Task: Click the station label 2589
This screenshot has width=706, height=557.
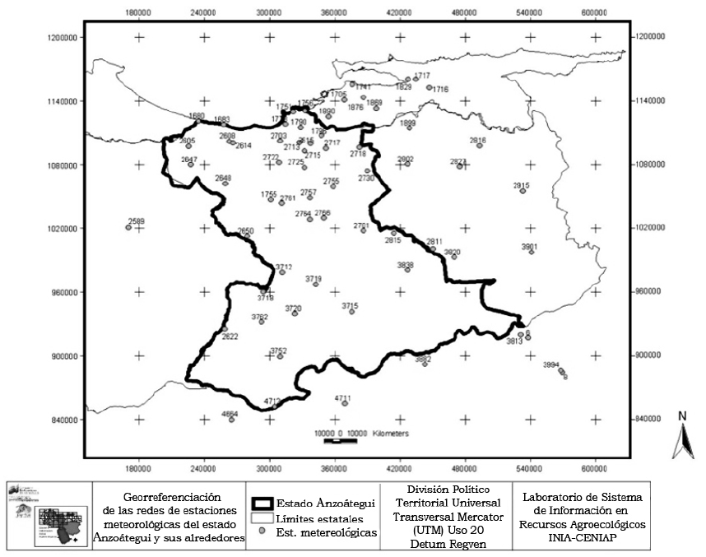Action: (x=136, y=220)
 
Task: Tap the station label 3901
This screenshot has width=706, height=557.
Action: (x=529, y=246)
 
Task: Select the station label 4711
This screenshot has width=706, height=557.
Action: (x=342, y=398)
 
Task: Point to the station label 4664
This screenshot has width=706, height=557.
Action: (x=230, y=414)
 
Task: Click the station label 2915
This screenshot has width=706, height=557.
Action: (x=521, y=185)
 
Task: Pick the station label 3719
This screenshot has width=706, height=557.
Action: (x=314, y=279)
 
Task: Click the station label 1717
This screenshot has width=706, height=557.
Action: (x=422, y=76)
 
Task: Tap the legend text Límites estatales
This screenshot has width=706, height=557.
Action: (x=318, y=518)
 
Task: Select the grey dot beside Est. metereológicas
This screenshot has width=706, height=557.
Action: (x=263, y=532)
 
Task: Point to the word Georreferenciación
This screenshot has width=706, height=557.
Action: (x=173, y=497)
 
